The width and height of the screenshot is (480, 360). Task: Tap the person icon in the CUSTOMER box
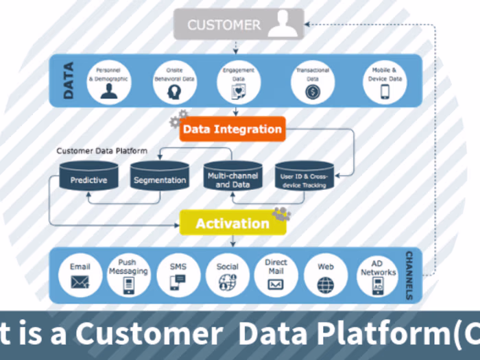[x=282, y=25]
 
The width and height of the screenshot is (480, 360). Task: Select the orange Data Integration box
[x=232, y=129]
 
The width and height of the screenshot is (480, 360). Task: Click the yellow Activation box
[x=232, y=223]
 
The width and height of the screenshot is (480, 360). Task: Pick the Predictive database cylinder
[x=88, y=177]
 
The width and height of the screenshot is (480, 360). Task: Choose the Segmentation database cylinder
[x=159, y=177]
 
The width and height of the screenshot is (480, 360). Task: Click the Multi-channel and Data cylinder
[x=232, y=177]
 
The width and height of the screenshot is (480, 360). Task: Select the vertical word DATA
[x=68, y=81]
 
